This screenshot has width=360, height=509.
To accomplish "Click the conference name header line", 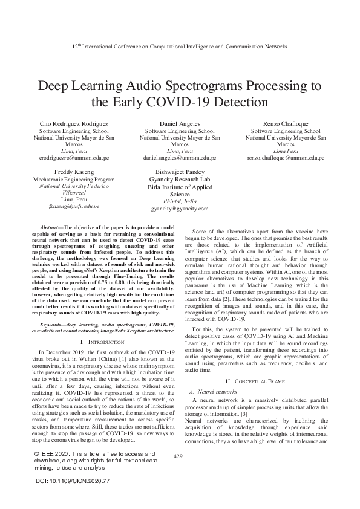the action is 180,47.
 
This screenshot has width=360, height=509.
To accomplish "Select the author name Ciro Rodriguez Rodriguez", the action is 74,123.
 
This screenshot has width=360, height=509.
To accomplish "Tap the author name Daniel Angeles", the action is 180,123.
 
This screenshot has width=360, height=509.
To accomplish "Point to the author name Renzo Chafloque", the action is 285,123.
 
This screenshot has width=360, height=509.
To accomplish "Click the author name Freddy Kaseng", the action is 74,172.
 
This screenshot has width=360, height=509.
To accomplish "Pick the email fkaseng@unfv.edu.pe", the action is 74,206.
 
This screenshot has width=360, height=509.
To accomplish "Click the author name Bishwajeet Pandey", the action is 180,172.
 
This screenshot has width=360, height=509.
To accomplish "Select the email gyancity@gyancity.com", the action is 180,209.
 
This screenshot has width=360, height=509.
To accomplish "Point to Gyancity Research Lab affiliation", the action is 180,180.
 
